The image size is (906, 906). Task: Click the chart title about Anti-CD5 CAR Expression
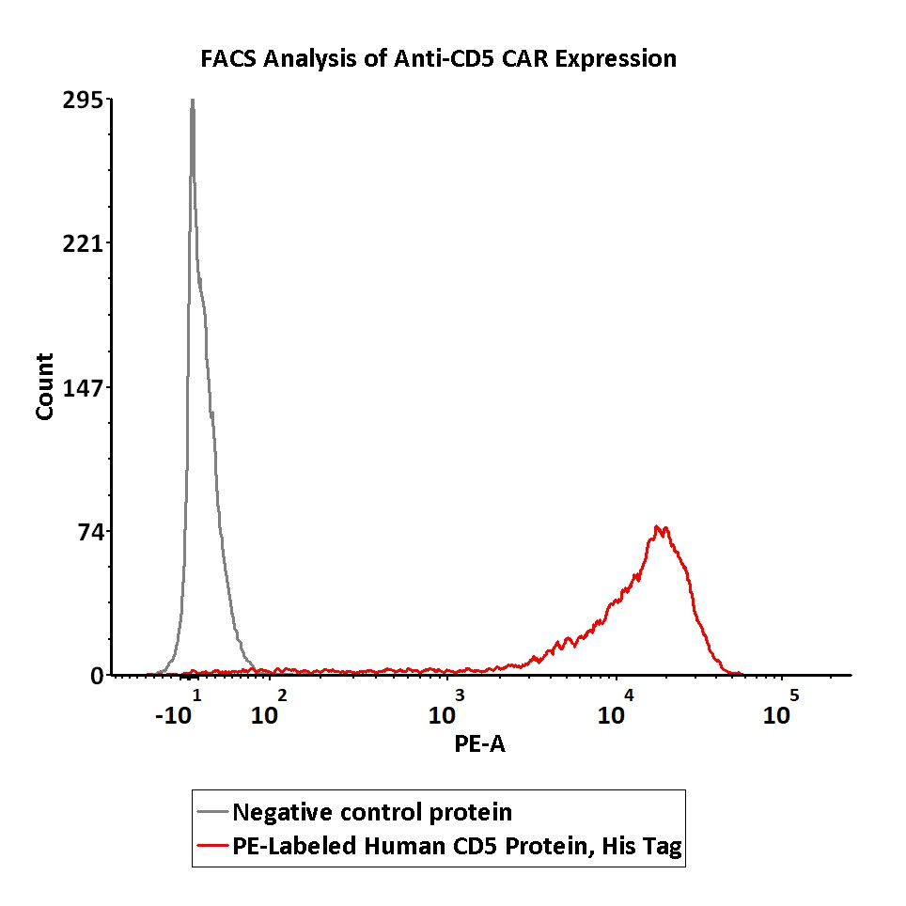(x=439, y=59)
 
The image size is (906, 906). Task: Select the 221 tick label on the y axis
(x=83, y=244)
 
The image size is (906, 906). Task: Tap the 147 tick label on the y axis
(x=83, y=388)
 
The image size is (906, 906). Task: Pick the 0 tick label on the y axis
(x=97, y=676)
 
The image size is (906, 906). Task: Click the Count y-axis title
(x=44, y=386)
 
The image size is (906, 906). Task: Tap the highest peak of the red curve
(x=661, y=528)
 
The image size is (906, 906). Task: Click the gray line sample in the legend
(x=213, y=812)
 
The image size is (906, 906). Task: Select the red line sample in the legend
(x=213, y=847)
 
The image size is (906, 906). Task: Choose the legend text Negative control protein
(x=372, y=812)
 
